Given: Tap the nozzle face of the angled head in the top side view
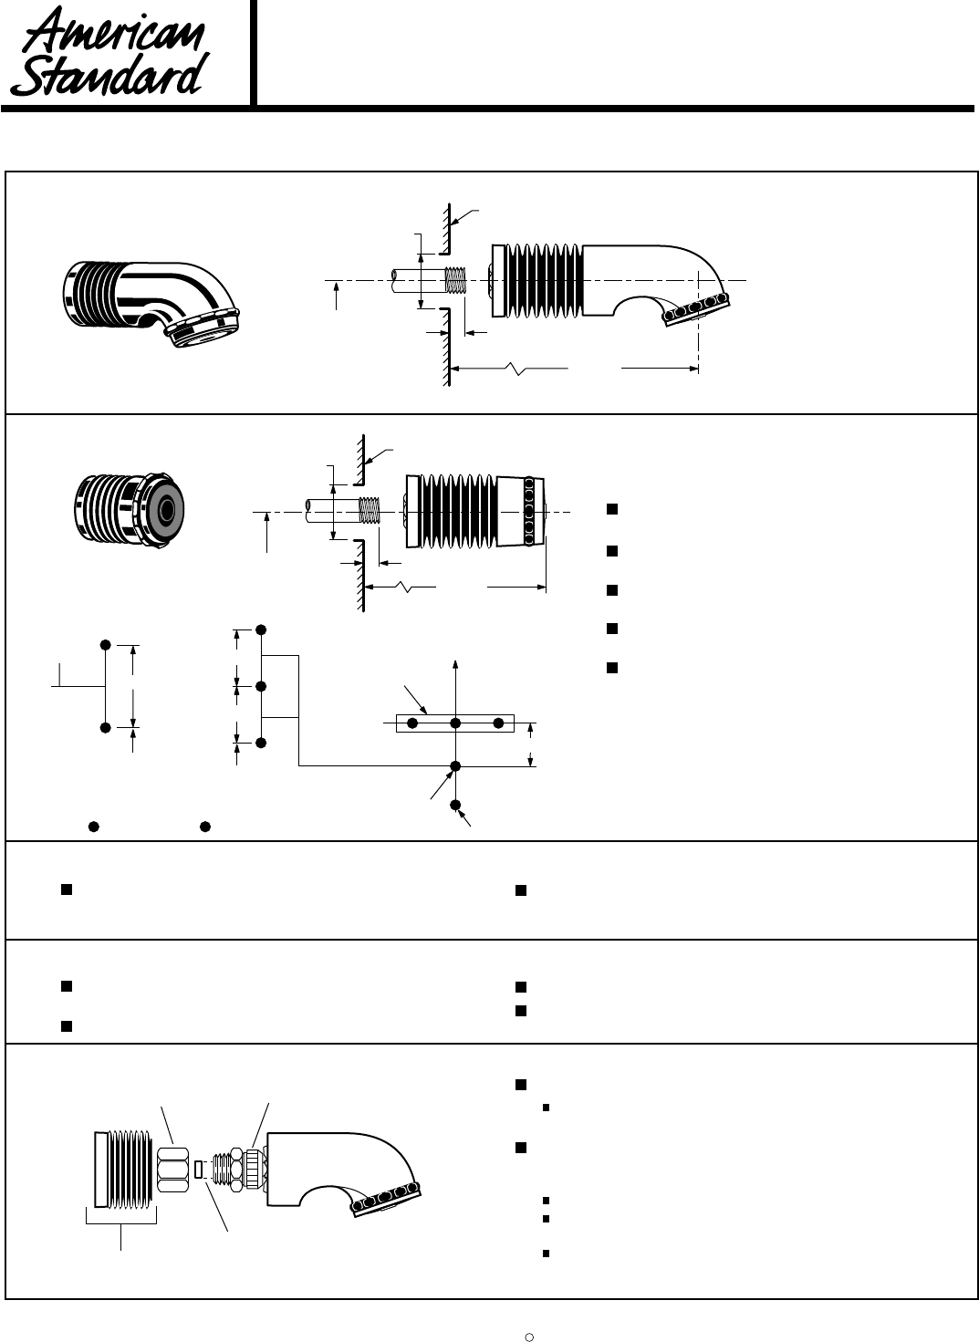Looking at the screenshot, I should pyautogui.click(x=698, y=307).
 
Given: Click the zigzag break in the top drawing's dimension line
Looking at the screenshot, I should pyautogui.click(x=516, y=369).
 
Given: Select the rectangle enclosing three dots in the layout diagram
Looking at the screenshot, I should pyautogui.click(x=454, y=723).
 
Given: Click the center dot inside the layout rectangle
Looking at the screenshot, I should pyautogui.click(x=455, y=723).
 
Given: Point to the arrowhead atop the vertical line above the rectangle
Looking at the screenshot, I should pyautogui.click(x=455, y=661).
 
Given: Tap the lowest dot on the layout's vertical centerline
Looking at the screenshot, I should pyautogui.click(x=455, y=804).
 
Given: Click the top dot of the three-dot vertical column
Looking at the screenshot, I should pyautogui.click(x=262, y=629).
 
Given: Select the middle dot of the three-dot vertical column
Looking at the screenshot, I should pyautogui.click(x=262, y=686).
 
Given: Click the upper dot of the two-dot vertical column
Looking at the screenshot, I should pyautogui.click(x=106, y=645).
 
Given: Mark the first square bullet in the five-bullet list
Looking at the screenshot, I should pyautogui.click(x=612, y=509).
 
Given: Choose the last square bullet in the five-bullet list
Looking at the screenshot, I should pyautogui.click(x=612, y=667).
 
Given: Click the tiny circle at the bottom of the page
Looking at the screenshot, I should pyautogui.click(x=529, y=1337).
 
